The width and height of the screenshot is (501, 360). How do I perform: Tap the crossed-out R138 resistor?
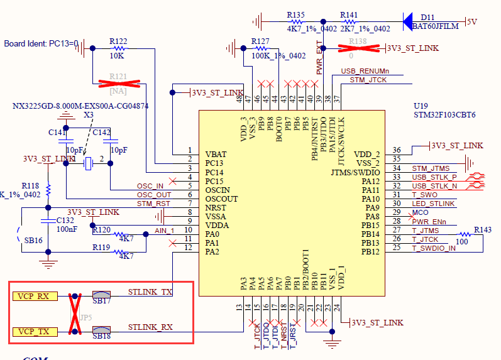point(356,47)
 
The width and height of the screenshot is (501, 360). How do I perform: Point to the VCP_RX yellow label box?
point(35,296)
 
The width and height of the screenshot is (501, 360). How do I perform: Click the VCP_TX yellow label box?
point(35,331)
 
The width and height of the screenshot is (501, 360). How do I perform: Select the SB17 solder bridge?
point(101,295)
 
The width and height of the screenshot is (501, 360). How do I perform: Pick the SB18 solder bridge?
point(101,330)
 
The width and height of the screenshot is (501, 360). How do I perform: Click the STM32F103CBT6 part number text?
point(444,115)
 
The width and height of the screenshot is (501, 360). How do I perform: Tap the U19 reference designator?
point(421,106)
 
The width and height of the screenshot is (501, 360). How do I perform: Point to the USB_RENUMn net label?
point(365,71)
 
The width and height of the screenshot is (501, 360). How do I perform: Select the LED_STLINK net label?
point(433,204)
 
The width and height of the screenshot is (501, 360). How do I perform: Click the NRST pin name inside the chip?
point(216,207)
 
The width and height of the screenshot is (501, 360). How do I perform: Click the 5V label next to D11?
point(471,21)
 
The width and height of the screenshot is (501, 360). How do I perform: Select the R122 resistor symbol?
point(118,48)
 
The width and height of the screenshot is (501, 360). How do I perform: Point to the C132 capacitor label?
point(65,220)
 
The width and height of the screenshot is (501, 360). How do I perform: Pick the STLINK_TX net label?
point(150,292)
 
